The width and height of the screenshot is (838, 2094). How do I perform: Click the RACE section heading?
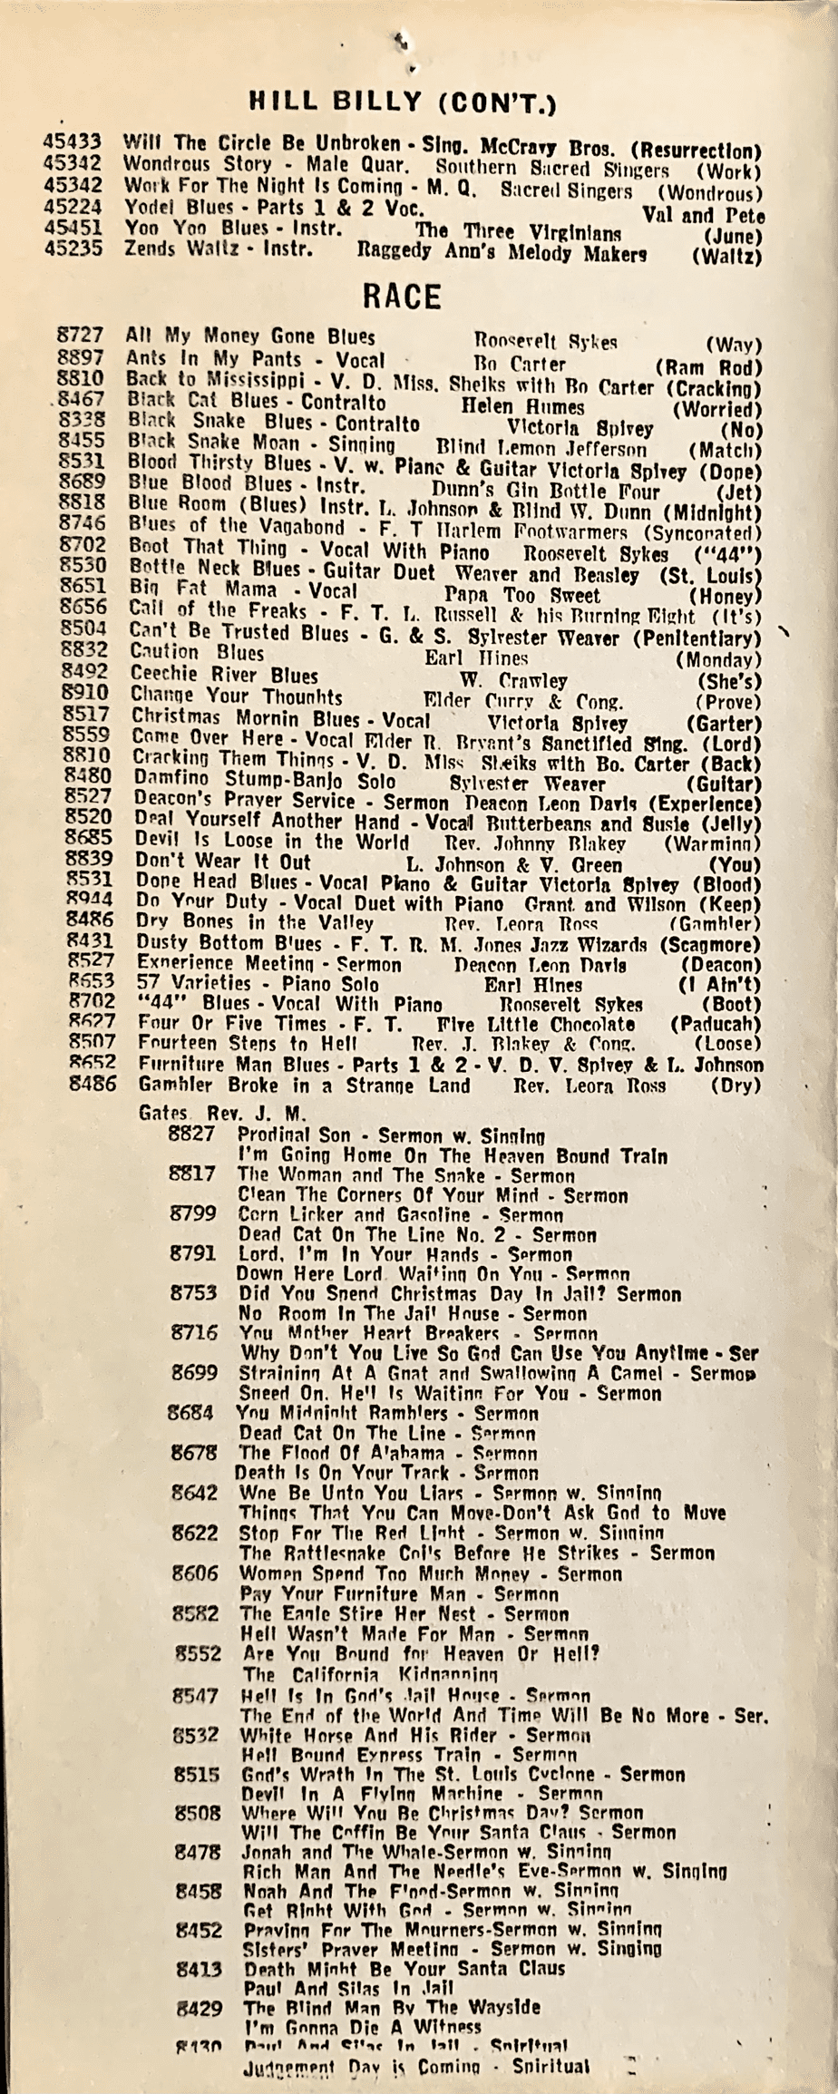(401, 297)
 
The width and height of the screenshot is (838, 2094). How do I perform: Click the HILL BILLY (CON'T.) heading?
(402, 101)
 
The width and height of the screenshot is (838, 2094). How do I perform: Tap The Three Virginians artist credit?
(517, 232)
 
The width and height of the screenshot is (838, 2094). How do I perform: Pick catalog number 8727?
(80, 336)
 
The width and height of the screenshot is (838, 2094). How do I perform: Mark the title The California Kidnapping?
(371, 1674)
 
